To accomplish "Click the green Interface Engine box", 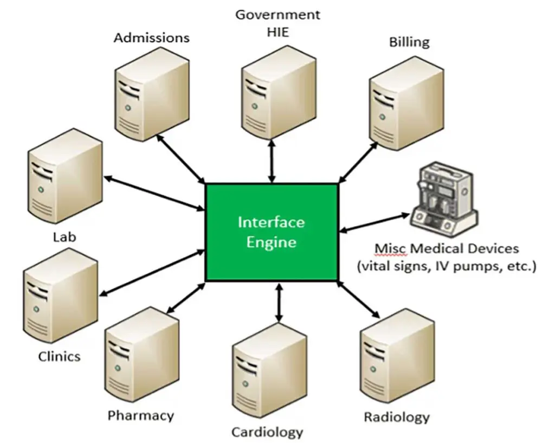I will [272, 232].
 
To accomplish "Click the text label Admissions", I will [152, 37].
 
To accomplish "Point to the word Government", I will [277, 15].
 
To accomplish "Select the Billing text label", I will [409, 42].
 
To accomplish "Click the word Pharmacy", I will [141, 416].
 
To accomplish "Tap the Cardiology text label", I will [267, 432].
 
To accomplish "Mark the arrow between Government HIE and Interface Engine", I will [272, 161].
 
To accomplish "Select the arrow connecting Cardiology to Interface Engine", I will [279, 303].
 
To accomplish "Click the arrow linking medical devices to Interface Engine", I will [374, 223].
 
